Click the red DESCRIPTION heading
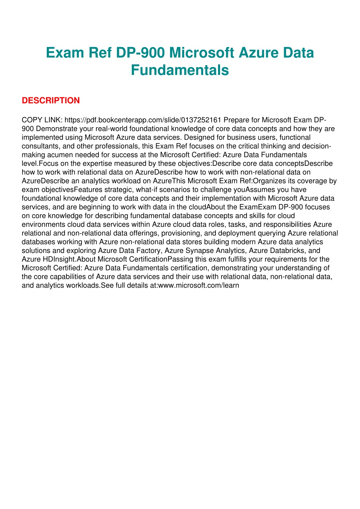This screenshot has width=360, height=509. coord(51,101)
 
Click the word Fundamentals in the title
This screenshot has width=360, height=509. coord(180,70)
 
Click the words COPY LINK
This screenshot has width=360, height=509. coord(42,120)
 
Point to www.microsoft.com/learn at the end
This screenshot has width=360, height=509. coord(199,285)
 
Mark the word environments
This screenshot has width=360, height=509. coord(43,224)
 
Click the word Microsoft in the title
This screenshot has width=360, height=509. coord(201,53)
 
